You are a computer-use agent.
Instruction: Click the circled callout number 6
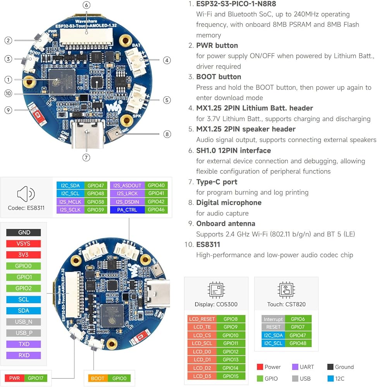(86, 5)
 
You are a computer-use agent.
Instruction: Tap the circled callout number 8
(167, 134)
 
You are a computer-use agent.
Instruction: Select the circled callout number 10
(8, 93)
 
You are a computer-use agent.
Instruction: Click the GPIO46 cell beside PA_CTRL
(156, 210)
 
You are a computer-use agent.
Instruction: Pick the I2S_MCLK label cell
(70, 202)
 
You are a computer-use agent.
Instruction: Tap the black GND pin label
(24, 233)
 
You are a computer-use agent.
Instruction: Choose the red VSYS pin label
(24, 243)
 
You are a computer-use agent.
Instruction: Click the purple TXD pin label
(24, 344)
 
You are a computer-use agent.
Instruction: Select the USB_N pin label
(24, 322)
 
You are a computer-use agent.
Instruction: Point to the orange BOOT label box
(98, 378)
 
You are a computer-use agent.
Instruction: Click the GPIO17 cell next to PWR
(36, 378)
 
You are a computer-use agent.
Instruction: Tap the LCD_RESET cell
(202, 319)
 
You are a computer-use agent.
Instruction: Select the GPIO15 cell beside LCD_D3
(231, 376)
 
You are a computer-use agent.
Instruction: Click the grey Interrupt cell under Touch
(273, 319)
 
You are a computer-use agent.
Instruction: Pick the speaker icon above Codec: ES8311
(26, 194)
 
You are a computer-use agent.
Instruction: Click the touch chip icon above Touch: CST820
(286, 290)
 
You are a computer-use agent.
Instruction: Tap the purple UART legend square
(295, 367)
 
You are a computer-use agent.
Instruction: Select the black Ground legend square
(330, 367)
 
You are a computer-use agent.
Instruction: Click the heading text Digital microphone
(229, 203)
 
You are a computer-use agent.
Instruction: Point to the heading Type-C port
(217, 182)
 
